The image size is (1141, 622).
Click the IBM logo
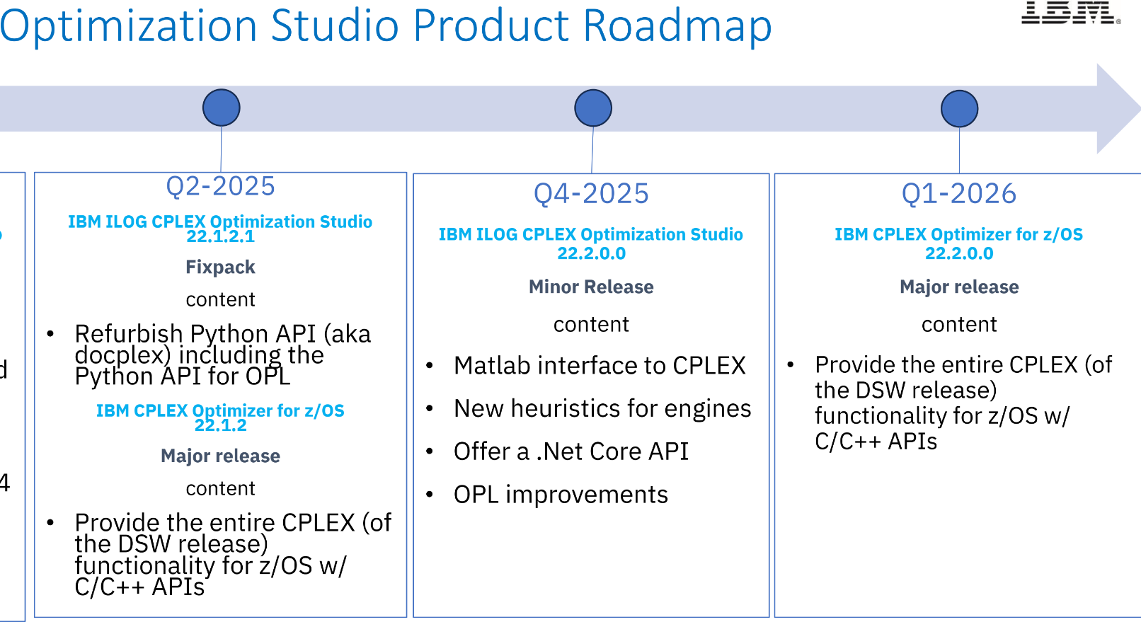pos(1070,12)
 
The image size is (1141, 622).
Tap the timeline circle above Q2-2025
pos(221,108)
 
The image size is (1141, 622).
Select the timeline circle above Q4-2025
pos(593,108)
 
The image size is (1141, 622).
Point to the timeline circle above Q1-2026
pos(959,108)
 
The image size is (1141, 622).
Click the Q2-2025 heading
pos(221,186)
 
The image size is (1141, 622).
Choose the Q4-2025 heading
pos(592,194)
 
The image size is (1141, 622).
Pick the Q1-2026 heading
pos(959,194)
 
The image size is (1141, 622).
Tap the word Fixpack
pos(220,267)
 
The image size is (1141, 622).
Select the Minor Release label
pos(591,287)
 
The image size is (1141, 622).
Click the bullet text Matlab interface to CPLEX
pos(600,365)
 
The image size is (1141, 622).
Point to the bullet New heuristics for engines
pos(602,408)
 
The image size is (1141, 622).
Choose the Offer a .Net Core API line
pos(571,451)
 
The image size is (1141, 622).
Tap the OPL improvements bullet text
pos(561,495)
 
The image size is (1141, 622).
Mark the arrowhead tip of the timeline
pos(1140,108)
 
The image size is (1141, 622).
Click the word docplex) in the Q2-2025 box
pos(122,355)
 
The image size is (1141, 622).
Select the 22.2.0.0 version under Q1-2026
pos(959,253)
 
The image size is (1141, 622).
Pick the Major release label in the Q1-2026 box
pos(959,287)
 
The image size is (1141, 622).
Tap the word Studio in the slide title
pos(335,25)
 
